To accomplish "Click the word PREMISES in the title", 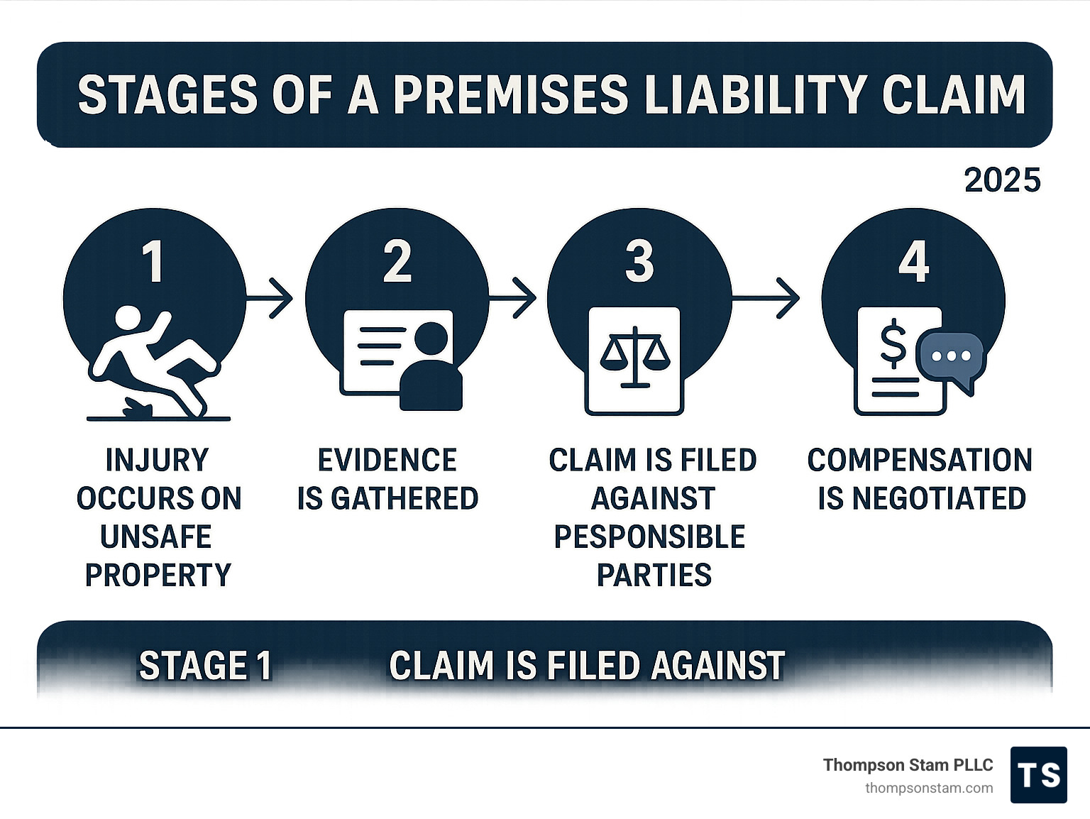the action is (x=512, y=94).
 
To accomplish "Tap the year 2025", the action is (x=1002, y=180).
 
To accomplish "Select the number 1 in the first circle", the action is (x=153, y=262).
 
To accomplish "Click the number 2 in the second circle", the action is (x=397, y=262).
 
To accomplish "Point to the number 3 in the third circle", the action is (x=639, y=262).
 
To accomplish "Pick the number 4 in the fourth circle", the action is (x=914, y=262).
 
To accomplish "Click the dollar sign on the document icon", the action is (x=893, y=343).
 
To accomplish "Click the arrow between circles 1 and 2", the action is (x=270, y=299).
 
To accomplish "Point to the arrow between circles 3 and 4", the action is (x=765, y=299).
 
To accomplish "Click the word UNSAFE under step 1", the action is (x=156, y=537).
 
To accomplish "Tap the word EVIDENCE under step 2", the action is (x=387, y=460).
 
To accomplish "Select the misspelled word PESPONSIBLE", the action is (x=649, y=537).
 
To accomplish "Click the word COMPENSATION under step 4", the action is (x=920, y=460).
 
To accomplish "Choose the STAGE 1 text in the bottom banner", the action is (x=205, y=666).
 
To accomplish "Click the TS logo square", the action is (x=1039, y=775).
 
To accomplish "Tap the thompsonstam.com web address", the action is (x=929, y=788).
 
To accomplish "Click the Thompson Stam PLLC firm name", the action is (x=908, y=765).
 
